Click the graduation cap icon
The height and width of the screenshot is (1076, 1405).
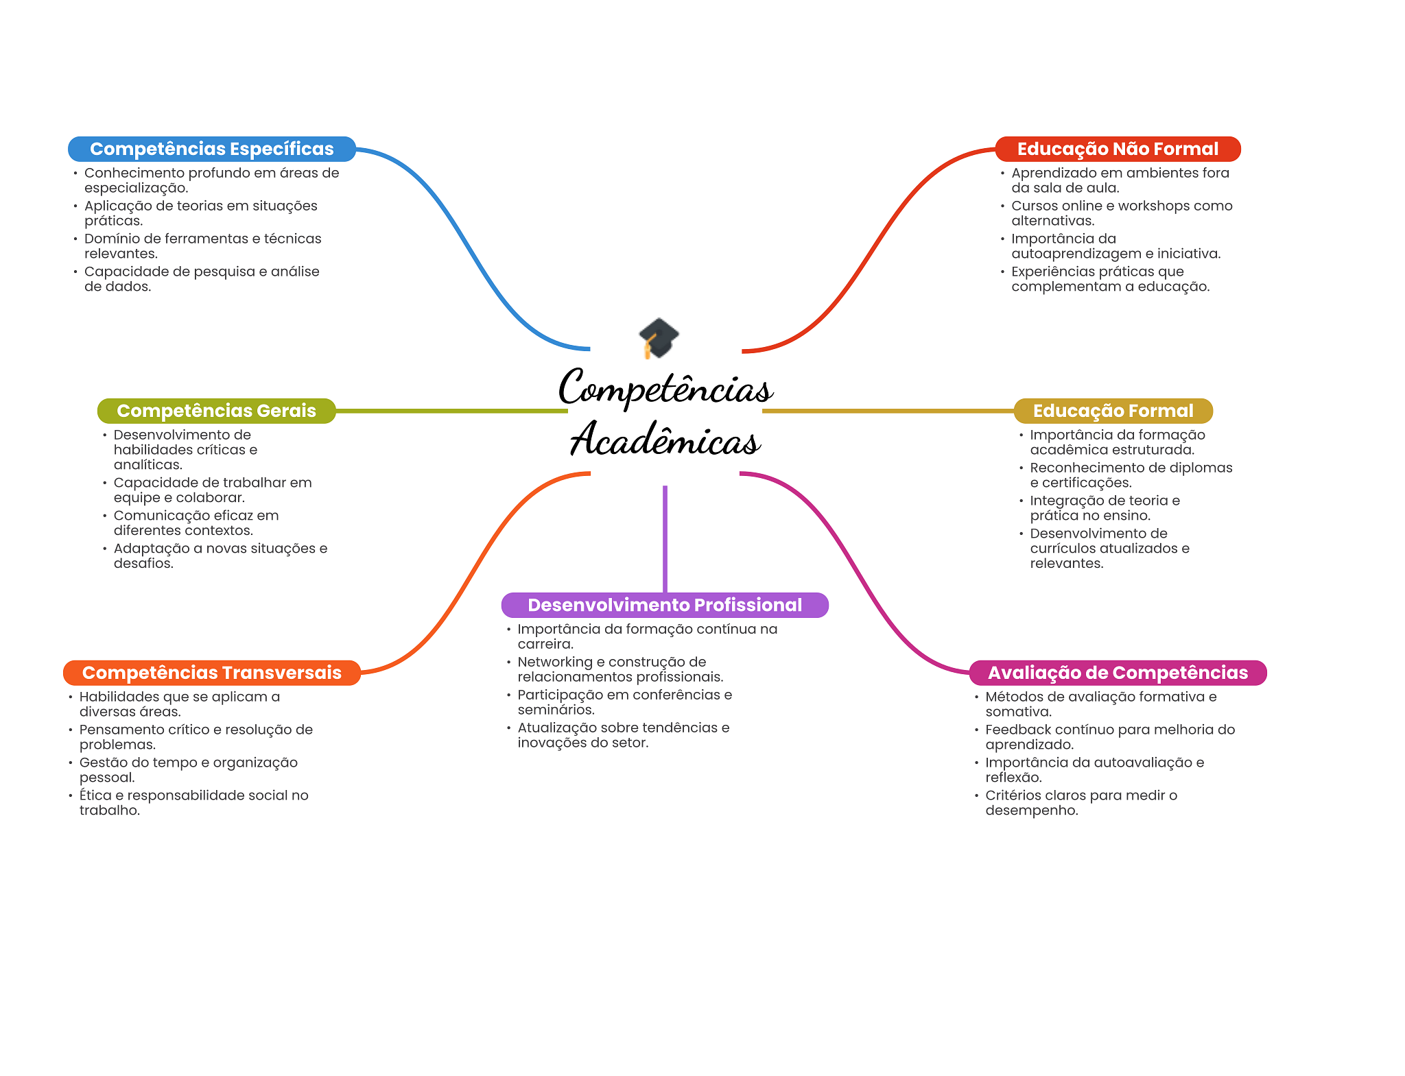pos(659,337)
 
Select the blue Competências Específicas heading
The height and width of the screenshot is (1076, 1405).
pos(211,149)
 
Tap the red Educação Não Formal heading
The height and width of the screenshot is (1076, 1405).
pos(1118,149)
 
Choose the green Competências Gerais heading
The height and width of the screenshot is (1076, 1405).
pos(216,411)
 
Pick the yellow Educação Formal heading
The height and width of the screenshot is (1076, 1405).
pos(1113,411)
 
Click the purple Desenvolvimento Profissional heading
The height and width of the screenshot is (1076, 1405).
pos(664,605)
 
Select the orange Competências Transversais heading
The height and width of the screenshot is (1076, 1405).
pos(211,673)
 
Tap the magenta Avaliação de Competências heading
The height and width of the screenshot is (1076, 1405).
pos(1118,673)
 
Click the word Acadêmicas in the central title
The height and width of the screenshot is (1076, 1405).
pos(665,440)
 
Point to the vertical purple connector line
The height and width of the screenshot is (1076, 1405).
pos(665,538)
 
